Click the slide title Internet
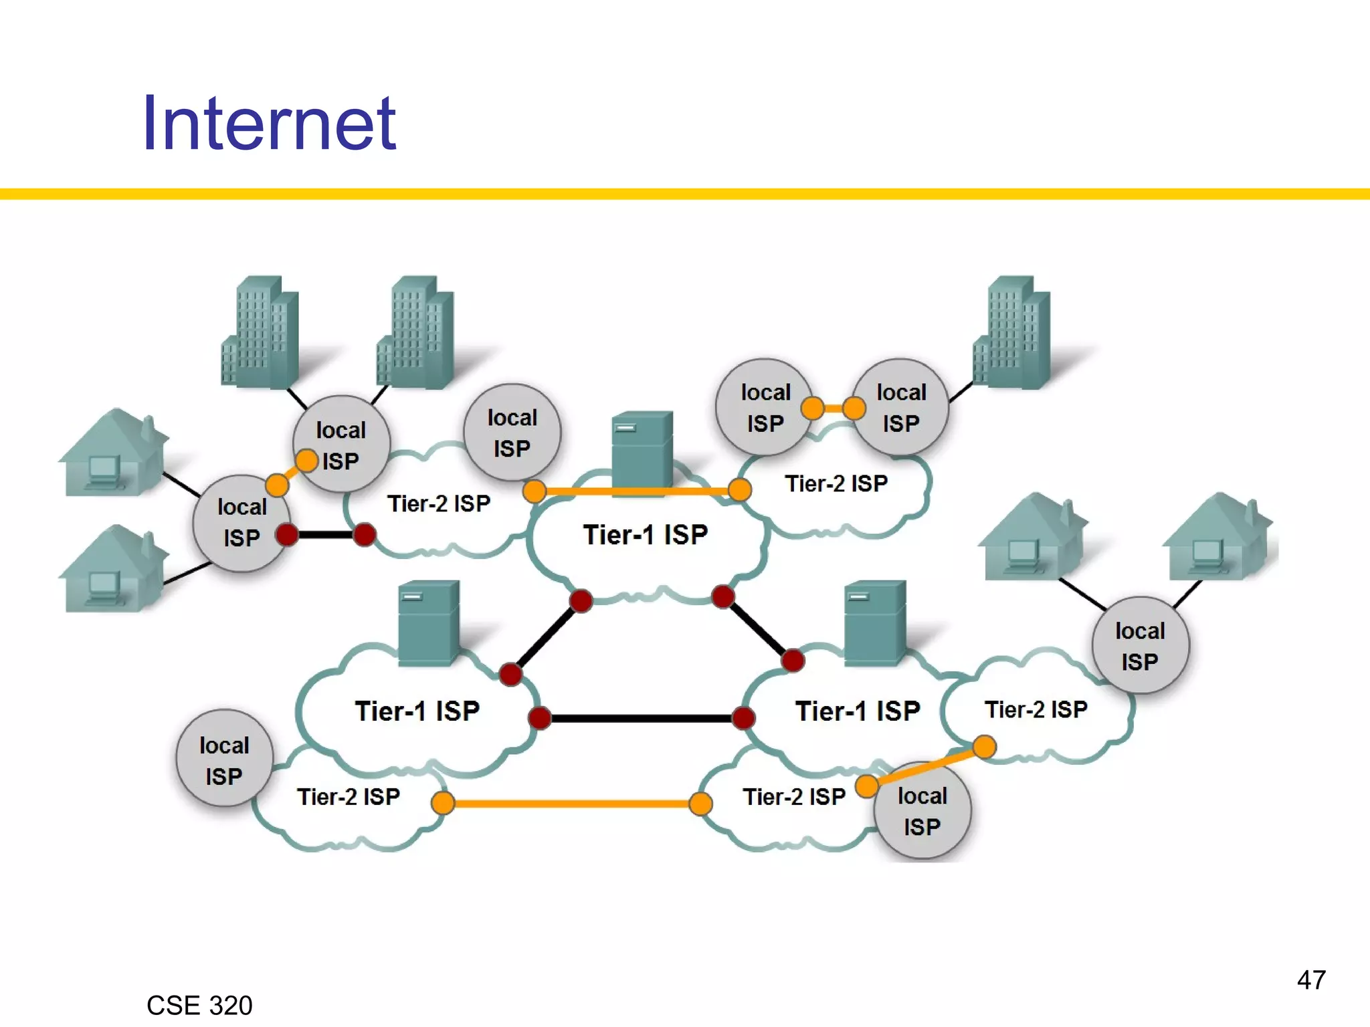[269, 124]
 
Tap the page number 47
[1310, 980]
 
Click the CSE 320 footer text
[199, 1006]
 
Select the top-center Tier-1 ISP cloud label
[646, 535]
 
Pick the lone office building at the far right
[1012, 332]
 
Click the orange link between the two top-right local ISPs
[834, 408]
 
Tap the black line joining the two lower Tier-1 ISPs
[641, 718]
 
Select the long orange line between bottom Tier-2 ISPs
[572, 803]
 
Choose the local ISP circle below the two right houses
[1140, 646]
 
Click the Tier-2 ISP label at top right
[836, 483]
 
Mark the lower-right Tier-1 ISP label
[858, 711]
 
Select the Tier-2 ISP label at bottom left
[349, 797]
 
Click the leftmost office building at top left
[260, 332]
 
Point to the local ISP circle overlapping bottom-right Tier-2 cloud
[922, 811]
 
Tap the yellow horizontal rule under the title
[685, 194]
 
